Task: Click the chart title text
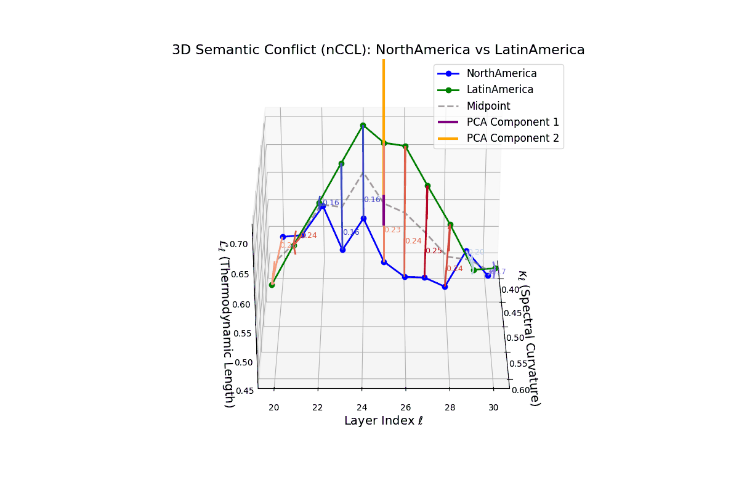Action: coord(378,50)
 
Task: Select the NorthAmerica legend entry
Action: coord(501,73)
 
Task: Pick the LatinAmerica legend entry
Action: coord(499,89)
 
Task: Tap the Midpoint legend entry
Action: coord(488,106)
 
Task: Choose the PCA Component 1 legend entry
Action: coord(512,122)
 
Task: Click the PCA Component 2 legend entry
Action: coord(512,139)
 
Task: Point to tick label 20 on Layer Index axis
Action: coord(274,407)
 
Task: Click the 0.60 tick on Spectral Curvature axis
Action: coord(519,389)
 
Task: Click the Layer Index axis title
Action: coord(383,422)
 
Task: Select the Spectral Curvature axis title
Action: coord(530,338)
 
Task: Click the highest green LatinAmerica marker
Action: coord(363,125)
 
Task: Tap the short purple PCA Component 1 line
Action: coord(384,210)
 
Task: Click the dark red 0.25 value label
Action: coord(434,251)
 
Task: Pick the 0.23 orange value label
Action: coord(392,230)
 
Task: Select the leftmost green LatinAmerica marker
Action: coord(272,285)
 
